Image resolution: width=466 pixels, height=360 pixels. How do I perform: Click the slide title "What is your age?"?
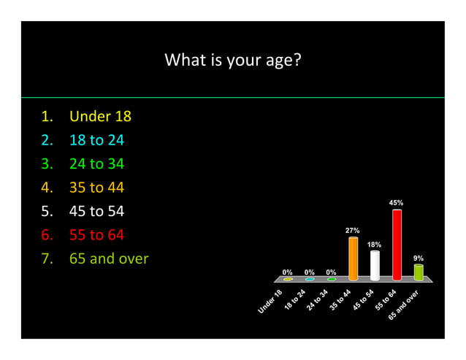[x=233, y=60]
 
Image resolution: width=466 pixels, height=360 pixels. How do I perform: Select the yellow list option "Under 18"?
[x=100, y=116]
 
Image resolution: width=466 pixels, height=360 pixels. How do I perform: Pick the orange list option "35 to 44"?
[x=96, y=188]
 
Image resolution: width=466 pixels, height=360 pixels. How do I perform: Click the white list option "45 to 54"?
[x=96, y=212]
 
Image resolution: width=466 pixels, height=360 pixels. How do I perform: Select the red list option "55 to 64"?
[x=96, y=235]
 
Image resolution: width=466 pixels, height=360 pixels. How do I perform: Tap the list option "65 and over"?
[x=109, y=258]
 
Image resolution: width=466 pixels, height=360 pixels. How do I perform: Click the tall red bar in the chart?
[x=397, y=245]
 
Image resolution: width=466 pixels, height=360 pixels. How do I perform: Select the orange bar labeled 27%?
[x=353, y=258]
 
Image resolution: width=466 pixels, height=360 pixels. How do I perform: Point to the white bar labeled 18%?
[x=375, y=265]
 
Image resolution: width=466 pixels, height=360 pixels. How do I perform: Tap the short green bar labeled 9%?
[x=419, y=272]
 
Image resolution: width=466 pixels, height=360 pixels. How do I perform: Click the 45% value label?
[x=396, y=202]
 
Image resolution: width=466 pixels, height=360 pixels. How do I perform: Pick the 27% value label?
[x=352, y=230]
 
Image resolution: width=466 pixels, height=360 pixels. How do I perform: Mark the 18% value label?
[x=374, y=244]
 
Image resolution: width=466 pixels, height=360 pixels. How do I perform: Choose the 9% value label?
[x=419, y=258]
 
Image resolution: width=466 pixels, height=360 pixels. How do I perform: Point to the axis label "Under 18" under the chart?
[x=270, y=302]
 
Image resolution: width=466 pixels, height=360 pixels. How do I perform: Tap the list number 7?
[x=46, y=258]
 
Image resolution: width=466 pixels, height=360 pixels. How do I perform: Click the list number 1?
[x=46, y=116]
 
